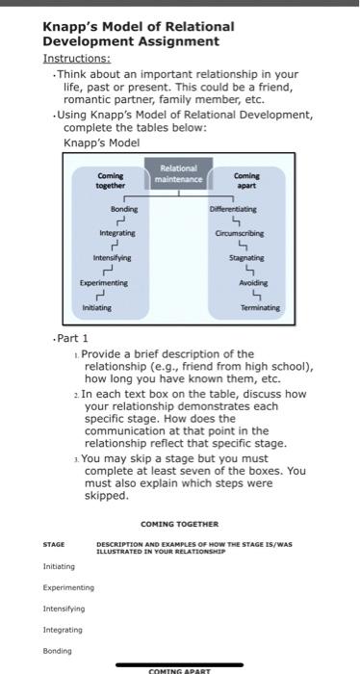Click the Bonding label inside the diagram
124,208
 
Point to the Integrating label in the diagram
117,233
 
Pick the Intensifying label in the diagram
112,258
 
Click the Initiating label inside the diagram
96,307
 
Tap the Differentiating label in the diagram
235,208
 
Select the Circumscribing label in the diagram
242,233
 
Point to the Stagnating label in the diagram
246,258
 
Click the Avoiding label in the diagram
252,283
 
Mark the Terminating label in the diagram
260,307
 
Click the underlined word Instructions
76,58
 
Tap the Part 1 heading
71,338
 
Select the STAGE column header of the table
55,545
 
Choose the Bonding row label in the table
58,651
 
